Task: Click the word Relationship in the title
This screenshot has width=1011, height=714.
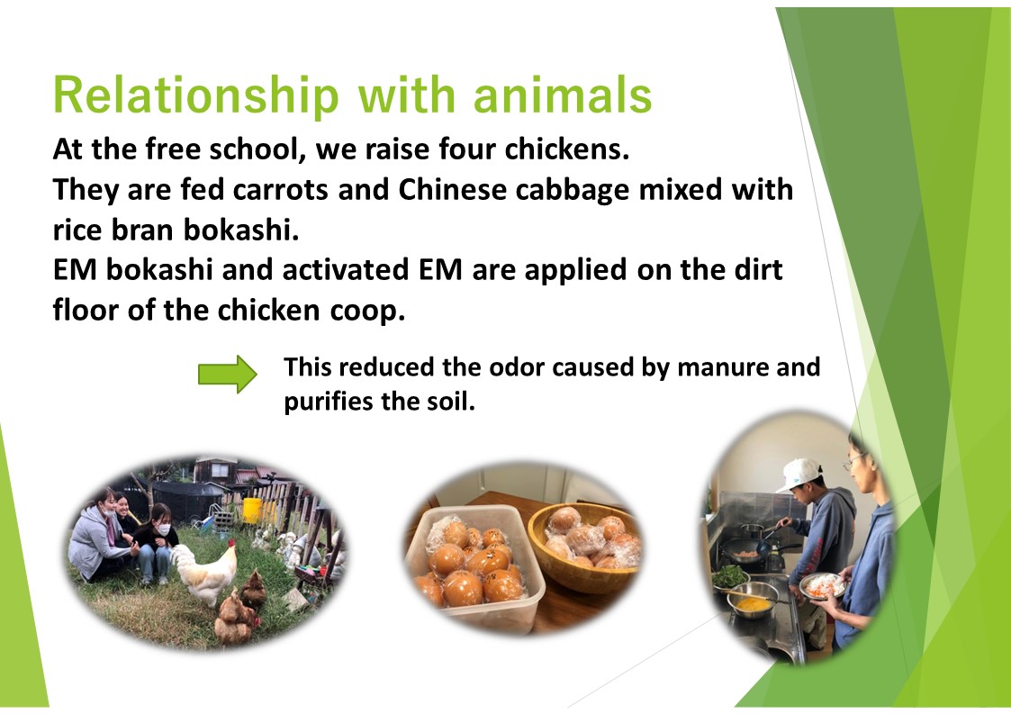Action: (x=196, y=95)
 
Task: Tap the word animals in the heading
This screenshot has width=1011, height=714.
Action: (x=563, y=95)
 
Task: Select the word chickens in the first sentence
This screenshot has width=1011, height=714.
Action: (x=567, y=149)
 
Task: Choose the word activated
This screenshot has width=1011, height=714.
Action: (x=346, y=269)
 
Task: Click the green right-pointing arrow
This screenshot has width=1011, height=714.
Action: (x=228, y=374)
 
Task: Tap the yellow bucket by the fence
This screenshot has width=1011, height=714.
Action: (x=253, y=510)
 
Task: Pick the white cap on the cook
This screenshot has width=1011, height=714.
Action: (x=799, y=474)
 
